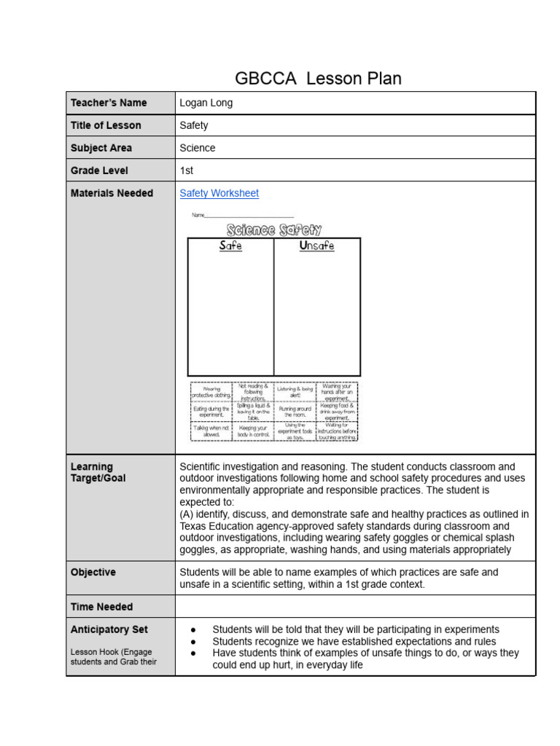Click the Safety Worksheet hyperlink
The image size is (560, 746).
pyautogui.click(x=219, y=193)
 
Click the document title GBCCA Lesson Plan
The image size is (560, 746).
pyautogui.click(x=318, y=79)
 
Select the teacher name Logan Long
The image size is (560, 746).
pyautogui.click(x=206, y=103)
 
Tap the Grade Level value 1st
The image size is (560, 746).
pyautogui.click(x=187, y=170)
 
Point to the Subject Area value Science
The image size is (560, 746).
pyautogui.click(x=198, y=148)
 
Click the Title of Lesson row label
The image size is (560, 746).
pyautogui.click(x=106, y=125)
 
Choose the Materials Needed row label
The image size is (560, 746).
pyautogui.click(x=112, y=193)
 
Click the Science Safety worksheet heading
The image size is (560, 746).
pyautogui.click(x=274, y=230)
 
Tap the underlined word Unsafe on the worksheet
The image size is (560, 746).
pyautogui.click(x=316, y=246)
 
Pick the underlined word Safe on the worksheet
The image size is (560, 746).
pyautogui.click(x=230, y=246)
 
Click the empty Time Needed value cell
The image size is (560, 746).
pyautogui.click(x=355, y=607)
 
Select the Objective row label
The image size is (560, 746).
pyautogui.click(x=93, y=573)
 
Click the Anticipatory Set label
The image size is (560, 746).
pyautogui.click(x=109, y=629)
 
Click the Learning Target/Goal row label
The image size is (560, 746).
pyautogui.click(x=98, y=472)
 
